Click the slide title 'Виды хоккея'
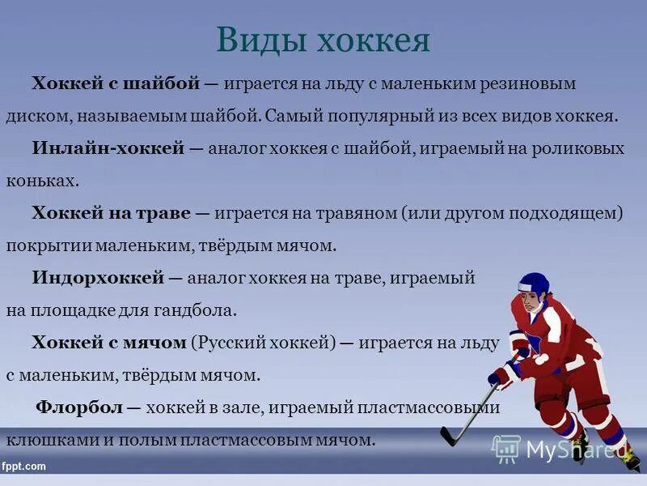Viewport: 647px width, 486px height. click(323, 39)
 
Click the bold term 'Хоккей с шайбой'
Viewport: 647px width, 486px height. click(116, 83)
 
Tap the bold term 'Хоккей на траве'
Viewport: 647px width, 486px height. click(111, 213)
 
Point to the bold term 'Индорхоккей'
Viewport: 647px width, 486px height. click(99, 278)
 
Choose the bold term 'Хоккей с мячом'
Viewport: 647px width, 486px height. click(109, 343)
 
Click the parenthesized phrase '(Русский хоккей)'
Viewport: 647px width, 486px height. click(263, 343)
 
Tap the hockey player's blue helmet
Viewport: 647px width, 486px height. click(533, 283)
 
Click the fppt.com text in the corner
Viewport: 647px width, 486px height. click(24, 467)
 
